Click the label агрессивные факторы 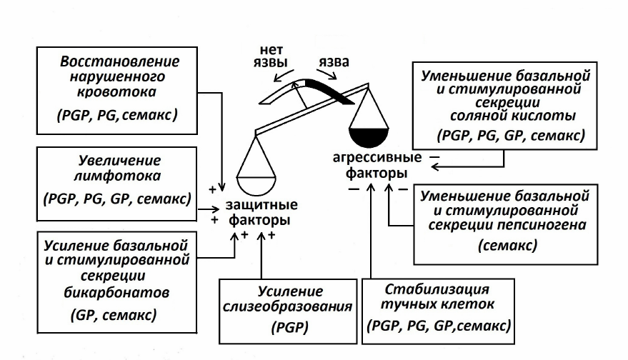point(376,165)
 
